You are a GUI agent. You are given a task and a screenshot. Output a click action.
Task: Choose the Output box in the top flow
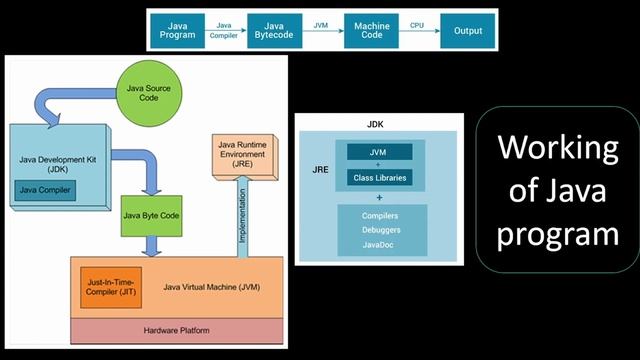pos(467,31)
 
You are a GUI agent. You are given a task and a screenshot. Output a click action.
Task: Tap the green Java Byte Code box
pos(151,214)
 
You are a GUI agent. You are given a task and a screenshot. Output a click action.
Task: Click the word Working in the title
pos(558,150)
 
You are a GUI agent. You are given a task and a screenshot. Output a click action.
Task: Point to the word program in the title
pos(558,236)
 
